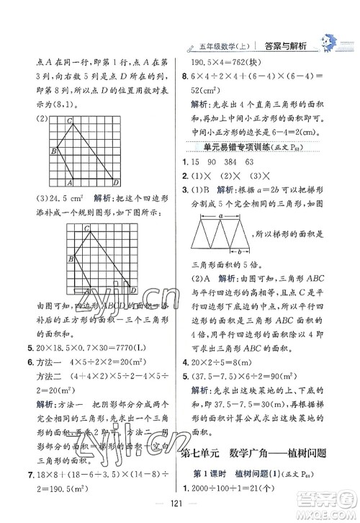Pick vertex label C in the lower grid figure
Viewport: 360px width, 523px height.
click(x=86, y=228)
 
